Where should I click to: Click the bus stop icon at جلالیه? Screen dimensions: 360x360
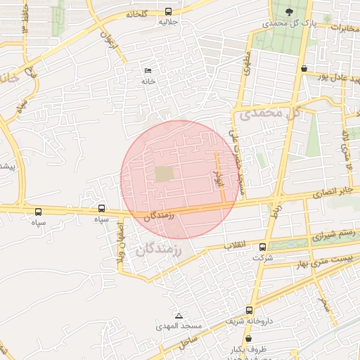[167, 12]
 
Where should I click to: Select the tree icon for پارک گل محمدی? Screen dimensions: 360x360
[290, 11]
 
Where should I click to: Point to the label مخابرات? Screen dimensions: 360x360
[335, 27]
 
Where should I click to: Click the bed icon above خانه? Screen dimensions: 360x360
[148, 71]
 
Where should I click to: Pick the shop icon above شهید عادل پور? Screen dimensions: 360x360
[304, 69]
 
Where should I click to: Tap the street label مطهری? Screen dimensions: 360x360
[245, 67]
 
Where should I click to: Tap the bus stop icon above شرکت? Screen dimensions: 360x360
[263, 247]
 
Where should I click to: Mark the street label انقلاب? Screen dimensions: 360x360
[235, 245]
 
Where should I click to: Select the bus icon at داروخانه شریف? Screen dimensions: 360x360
[249, 310]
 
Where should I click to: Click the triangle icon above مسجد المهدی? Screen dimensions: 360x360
[179, 316]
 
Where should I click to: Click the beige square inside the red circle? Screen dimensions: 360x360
[164, 173]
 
